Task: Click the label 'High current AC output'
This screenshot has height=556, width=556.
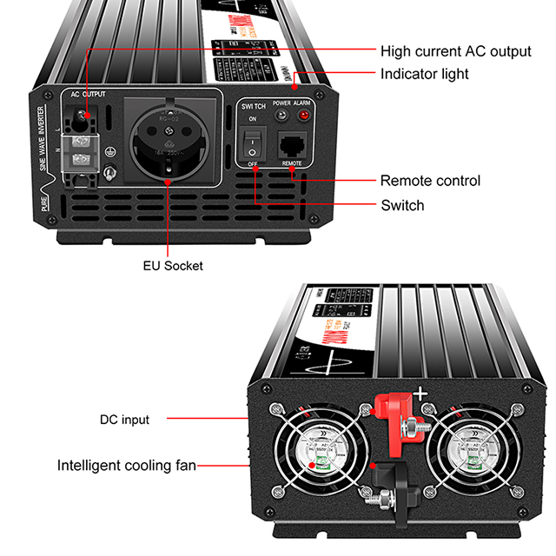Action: [x=455, y=51]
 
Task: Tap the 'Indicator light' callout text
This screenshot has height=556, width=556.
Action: [x=424, y=74]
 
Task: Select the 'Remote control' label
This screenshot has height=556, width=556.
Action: [x=430, y=181]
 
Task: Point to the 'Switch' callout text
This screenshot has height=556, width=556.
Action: [x=402, y=205]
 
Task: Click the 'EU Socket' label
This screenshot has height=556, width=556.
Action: [x=172, y=265]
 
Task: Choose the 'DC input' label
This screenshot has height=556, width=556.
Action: [x=124, y=420]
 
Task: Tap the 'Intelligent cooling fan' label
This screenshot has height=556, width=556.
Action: [x=127, y=465]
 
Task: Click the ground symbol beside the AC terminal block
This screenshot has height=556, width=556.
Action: [x=109, y=151]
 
